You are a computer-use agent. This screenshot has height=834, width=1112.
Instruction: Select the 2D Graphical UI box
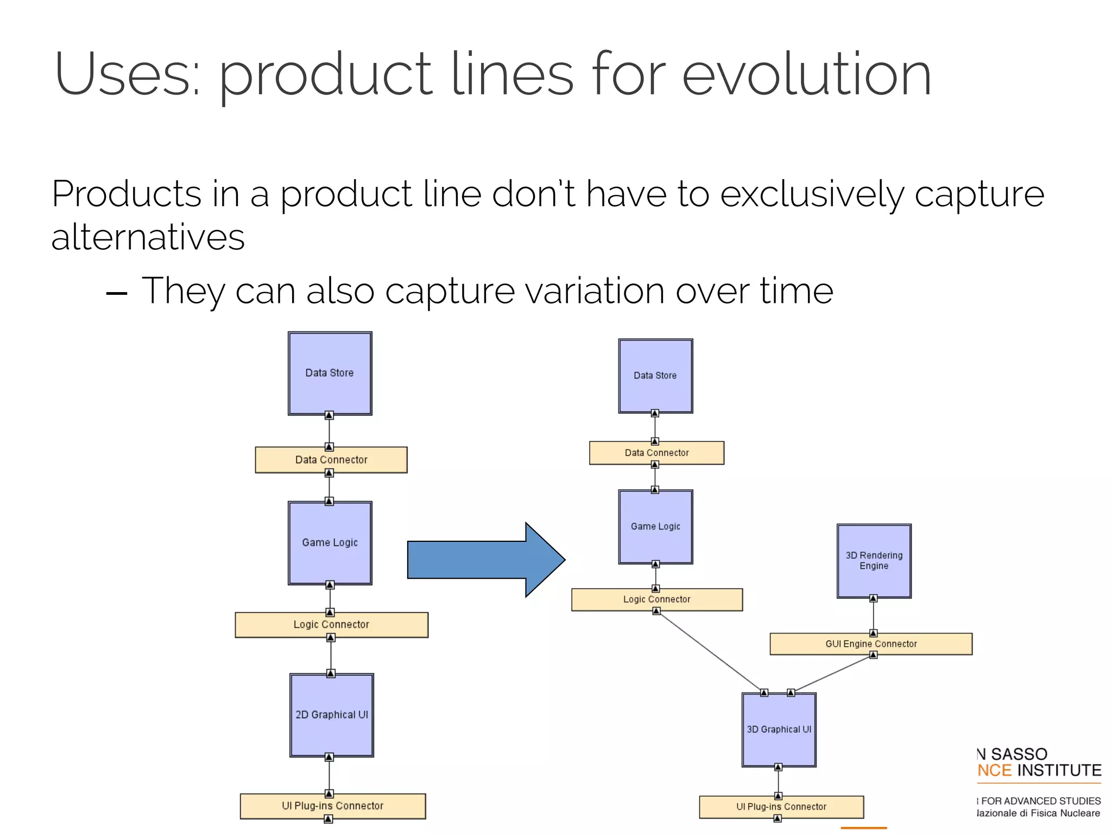click(331, 715)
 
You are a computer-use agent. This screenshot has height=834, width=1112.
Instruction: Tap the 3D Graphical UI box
click(779, 729)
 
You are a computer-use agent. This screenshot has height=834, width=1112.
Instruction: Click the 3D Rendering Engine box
click(874, 561)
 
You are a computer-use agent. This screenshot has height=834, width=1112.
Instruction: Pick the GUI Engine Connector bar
click(870, 644)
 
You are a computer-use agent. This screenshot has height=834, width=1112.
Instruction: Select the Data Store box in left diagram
click(330, 373)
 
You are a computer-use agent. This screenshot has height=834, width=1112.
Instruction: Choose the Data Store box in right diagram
click(655, 376)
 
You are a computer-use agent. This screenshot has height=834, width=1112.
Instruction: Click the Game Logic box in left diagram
click(330, 542)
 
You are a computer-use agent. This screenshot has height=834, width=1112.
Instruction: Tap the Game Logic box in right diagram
click(655, 526)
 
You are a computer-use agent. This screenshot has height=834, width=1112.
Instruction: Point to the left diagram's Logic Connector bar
click(331, 624)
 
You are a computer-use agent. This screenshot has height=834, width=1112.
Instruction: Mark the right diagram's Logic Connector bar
click(656, 599)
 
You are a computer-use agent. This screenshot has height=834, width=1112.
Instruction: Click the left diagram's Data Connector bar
click(331, 460)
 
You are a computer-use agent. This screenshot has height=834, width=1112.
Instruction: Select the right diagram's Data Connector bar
click(656, 453)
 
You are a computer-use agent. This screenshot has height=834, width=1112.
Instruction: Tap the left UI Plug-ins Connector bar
click(332, 806)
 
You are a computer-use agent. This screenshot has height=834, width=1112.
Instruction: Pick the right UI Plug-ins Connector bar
click(781, 807)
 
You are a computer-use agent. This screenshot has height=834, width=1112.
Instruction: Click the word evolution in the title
click(806, 75)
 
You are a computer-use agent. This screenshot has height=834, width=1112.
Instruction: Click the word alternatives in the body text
click(148, 237)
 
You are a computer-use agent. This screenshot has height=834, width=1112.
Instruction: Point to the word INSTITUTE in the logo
click(1059, 770)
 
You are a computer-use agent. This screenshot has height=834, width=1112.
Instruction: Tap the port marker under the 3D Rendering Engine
click(873, 598)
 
